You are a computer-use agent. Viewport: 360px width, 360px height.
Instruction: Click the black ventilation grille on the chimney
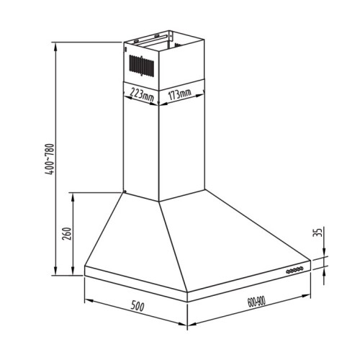(x=142, y=63)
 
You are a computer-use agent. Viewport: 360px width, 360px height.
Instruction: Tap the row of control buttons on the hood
(x=295, y=270)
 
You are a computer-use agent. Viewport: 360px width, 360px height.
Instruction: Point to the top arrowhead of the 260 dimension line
(x=72, y=193)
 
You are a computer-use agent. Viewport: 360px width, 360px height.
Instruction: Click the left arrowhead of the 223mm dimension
(x=127, y=89)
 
